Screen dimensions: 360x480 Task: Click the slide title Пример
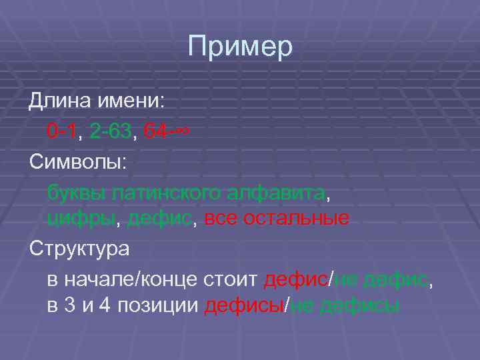240,47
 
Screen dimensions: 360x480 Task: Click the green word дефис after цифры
159,218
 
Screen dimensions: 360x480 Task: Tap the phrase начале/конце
135,280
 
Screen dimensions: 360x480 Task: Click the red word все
220,218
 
